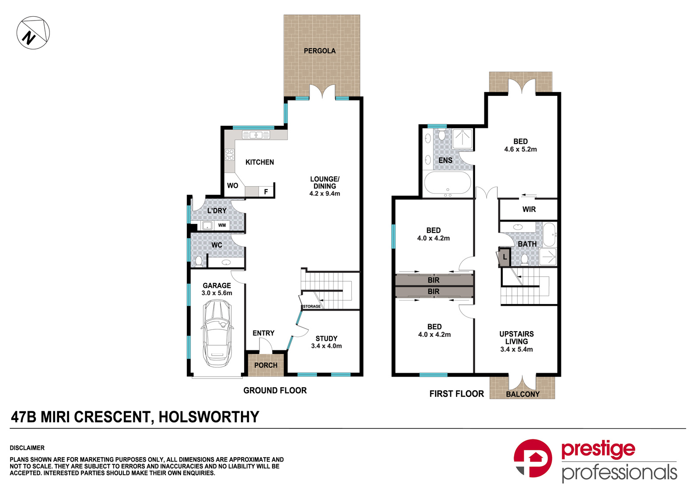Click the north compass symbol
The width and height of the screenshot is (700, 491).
pyautogui.click(x=33, y=33)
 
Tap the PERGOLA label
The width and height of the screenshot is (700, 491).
pyautogui.click(x=319, y=51)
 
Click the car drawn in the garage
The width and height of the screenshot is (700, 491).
pyautogui.click(x=217, y=333)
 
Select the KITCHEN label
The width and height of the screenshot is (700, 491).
pyautogui.click(x=259, y=162)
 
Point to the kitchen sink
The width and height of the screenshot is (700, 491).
pyautogui.click(x=256, y=135)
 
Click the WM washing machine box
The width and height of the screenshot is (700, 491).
pyautogui.click(x=222, y=226)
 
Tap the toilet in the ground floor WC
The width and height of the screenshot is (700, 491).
pyautogui.click(x=199, y=261)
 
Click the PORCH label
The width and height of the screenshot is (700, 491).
pyautogui.click(x=266, y=365)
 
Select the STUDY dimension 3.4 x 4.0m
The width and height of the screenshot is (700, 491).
pyautogui.click(x=326, y=346)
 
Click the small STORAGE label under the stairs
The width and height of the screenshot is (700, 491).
pyautogui.click(x=312, y=307)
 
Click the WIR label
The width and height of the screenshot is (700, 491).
pyautogui.click(x=529, y=209)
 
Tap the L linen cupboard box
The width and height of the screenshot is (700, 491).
pyautogui.click(x=505, y=257)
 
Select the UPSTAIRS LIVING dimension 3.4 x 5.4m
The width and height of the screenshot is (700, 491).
pyautogui.click(x=516, y=350)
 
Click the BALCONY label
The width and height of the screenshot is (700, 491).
pyautogui.click(x=522, y=394)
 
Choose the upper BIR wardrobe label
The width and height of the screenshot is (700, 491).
pyautogui.click(x=434, y=280)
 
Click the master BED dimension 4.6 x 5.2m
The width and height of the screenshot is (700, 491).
pyautogui.click(x=520, y=149)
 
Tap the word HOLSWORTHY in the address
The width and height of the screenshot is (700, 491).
pyautogui.click(x=209, y=417)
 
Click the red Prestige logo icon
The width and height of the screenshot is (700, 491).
pyautogui.click(x=532, y=458)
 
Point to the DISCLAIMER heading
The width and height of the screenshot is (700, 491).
pyautogui.click(x=27, y=448)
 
